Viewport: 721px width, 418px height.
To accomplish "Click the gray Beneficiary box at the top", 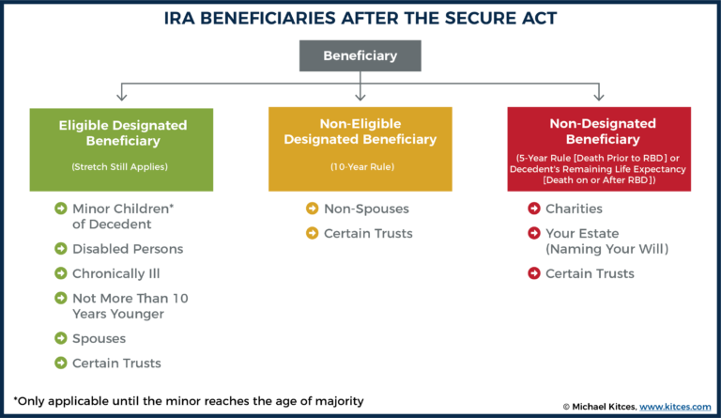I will coord(360,55).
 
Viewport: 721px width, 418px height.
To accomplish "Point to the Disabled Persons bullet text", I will coord(128,249).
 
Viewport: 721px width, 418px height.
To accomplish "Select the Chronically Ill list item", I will coord(117,274).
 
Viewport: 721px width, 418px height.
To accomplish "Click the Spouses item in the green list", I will coord(99,337).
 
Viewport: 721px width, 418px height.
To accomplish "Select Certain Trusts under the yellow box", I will coord(367,234).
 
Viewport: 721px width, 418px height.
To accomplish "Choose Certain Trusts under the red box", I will coord(590,273).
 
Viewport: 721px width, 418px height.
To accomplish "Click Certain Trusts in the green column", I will coord(116,363).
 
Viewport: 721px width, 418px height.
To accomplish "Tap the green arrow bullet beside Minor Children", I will coord(60,209).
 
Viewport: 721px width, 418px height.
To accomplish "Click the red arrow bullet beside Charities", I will coord(533,209).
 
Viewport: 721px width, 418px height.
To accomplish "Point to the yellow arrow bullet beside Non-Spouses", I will coord(312,209).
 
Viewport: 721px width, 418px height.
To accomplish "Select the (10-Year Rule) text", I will coord(360,168).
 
